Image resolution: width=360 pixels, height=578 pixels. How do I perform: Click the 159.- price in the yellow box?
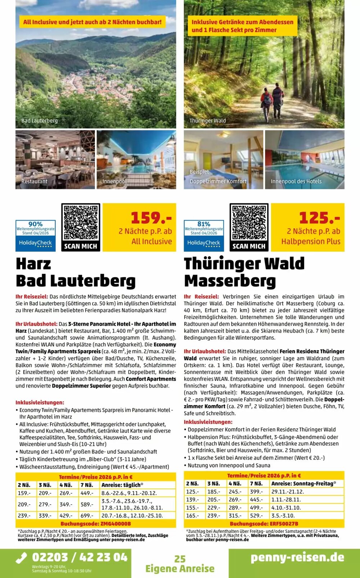(151, 218)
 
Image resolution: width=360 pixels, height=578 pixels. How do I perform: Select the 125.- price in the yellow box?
(319, 218)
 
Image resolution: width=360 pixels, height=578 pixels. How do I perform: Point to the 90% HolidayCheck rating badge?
(35, 235)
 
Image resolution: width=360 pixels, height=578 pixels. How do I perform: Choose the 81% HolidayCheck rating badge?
(204, 235)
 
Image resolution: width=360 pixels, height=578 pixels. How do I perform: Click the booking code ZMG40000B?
(95, 524)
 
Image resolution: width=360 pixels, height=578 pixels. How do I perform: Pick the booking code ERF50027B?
(264, 524)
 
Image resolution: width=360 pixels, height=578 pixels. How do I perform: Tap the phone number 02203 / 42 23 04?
(80, 557)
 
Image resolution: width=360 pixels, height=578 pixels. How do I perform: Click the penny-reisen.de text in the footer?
(297, 557)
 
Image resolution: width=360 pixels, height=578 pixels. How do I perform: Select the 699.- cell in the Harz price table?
(87, 516)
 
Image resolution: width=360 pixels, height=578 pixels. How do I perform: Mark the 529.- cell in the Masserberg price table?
(256, 516)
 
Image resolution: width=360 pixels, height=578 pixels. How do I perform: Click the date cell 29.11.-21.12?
(288, 492)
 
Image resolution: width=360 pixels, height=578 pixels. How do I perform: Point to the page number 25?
(180, 559)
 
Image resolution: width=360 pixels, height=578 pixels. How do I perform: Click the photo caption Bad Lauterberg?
(40, 121)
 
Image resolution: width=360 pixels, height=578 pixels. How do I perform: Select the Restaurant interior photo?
(55, 159)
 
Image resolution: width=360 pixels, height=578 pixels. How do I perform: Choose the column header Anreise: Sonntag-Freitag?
(303, 484)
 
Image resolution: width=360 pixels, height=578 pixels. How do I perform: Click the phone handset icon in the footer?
(22, 558)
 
